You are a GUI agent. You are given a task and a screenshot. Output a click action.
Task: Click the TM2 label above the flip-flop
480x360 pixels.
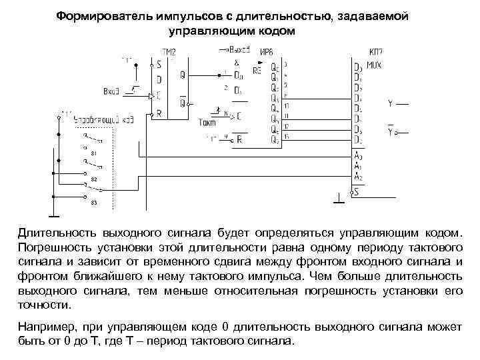click(168, 51)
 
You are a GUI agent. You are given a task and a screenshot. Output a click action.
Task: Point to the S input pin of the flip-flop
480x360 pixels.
click(158, 65)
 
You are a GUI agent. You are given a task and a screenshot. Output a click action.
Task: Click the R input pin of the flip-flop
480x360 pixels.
click(158, 113)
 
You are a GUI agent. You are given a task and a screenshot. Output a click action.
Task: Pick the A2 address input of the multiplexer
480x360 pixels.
click(359, 178)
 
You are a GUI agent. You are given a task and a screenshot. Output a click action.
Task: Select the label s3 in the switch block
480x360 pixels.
click(93, 202)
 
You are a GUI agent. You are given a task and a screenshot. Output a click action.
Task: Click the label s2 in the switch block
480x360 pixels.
click(93, 180)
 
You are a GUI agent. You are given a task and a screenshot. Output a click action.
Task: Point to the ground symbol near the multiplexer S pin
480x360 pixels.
click(339, 199)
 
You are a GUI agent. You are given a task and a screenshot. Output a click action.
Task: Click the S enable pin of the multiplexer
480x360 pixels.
click(357, 192)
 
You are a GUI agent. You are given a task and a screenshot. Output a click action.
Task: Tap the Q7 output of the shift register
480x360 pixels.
click(275, 139)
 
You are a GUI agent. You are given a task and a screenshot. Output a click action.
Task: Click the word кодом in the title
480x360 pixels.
click(270, 31)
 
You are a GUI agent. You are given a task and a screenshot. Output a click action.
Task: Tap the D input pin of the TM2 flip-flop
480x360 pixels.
click(158, 80)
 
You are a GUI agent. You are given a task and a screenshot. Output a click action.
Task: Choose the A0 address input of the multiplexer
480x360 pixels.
click(359, 157)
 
